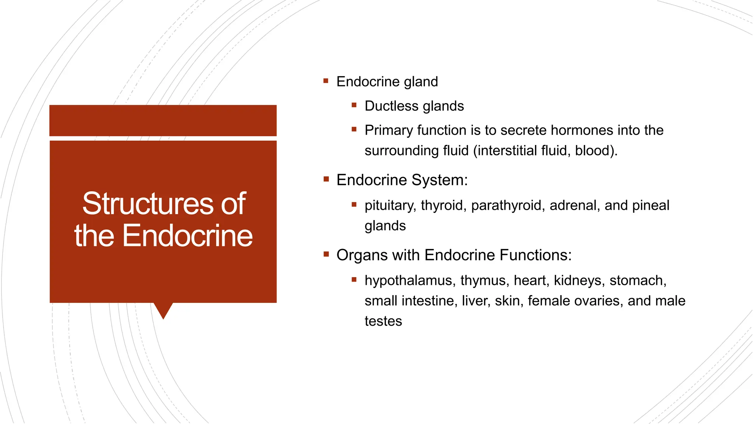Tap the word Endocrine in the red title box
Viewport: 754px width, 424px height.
point(187,236)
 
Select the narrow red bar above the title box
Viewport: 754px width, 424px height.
point(163,120)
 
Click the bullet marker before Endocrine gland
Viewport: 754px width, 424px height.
point(326,81)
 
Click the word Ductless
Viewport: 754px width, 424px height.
point(391,106)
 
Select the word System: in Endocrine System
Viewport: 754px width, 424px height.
point(439,180)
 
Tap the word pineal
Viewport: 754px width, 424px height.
point(651,205)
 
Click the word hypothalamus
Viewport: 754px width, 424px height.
point(408,280)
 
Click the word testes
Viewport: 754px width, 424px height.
point(383,321)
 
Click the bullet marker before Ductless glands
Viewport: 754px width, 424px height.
point(354,105)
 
